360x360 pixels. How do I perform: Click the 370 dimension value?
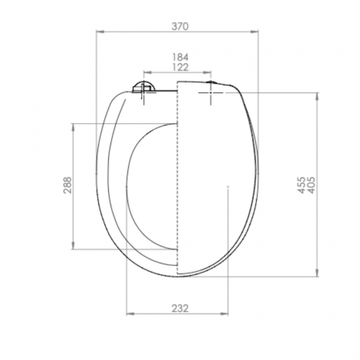[x=180, y=27]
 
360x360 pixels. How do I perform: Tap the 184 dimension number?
[x=180, y=57]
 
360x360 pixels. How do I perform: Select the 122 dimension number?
[x=180, y=67]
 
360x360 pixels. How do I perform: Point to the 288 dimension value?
[x=68, y=185]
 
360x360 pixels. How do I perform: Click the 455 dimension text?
[x=301, y=185]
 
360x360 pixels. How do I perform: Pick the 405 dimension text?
[x=311, y=185]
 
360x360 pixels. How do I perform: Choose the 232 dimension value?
[x=180, y=308]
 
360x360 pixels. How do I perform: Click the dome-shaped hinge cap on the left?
[x=144, y=86]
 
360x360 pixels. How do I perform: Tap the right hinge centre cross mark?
[x=211, y=92]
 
